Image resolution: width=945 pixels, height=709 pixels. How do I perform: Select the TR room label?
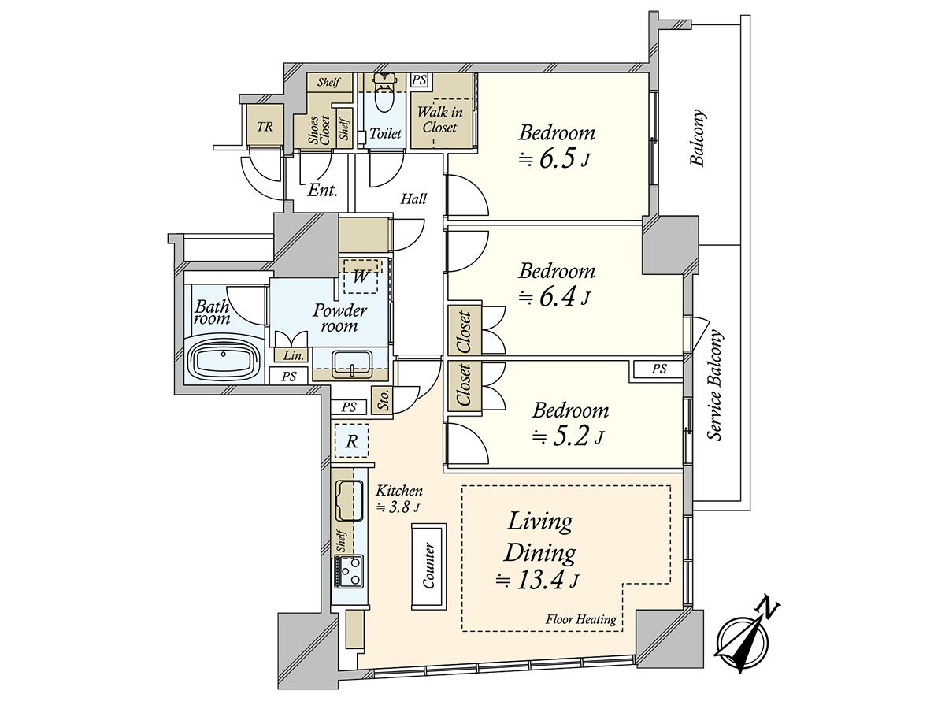point(265,127)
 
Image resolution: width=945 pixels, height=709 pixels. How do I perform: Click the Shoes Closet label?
point(320,130)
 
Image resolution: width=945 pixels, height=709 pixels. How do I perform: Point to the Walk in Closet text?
point(440,120)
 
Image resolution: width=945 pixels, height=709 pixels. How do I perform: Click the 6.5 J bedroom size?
point(555,160)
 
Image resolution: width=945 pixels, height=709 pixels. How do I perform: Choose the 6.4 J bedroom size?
point(555,298)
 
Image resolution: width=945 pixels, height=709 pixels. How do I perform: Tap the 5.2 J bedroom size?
point(569,437)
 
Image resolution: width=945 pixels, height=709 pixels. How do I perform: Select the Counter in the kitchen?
point(428,566)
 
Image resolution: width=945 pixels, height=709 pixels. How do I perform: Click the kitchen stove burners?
point(349,571)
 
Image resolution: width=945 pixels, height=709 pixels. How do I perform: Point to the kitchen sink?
point(349,501)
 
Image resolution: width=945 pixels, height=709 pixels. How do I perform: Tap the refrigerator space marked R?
point(352,441)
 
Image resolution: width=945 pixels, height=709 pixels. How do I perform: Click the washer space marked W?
point(361,276)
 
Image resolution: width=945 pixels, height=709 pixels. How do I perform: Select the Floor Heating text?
point(580,619)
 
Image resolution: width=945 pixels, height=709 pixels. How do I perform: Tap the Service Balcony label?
point(715,386)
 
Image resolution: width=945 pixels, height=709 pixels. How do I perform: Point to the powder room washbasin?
point(352,364)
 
